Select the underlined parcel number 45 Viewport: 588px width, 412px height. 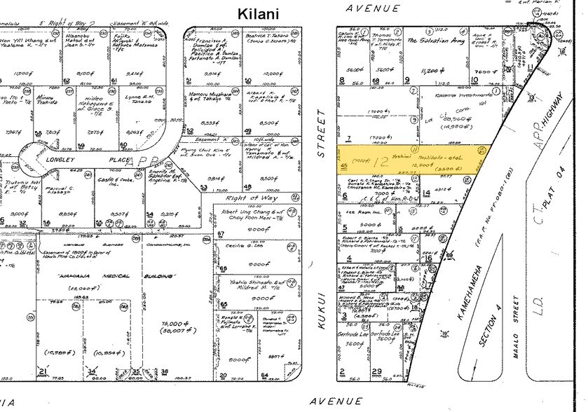click(343, 164)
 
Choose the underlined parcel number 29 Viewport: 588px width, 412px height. click(377, 371)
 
